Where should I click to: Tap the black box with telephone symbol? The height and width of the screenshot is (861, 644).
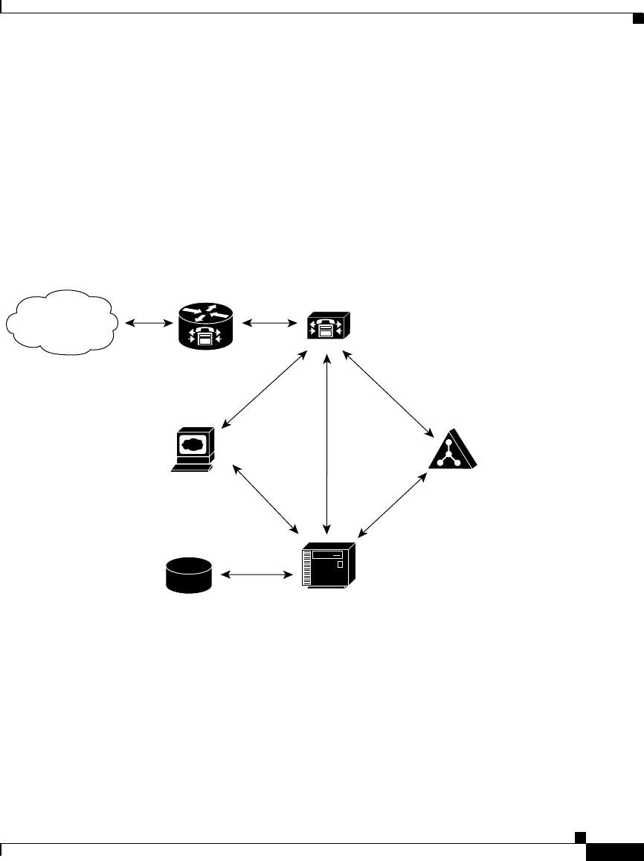(328, 324)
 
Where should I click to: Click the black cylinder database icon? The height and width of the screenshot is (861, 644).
(189, 575)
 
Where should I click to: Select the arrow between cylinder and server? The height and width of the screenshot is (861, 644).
(256, 574)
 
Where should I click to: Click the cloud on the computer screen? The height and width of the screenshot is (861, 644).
(192, 445)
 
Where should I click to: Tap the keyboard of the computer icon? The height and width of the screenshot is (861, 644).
(190, 467)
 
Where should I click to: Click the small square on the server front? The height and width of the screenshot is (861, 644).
(341, 566)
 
